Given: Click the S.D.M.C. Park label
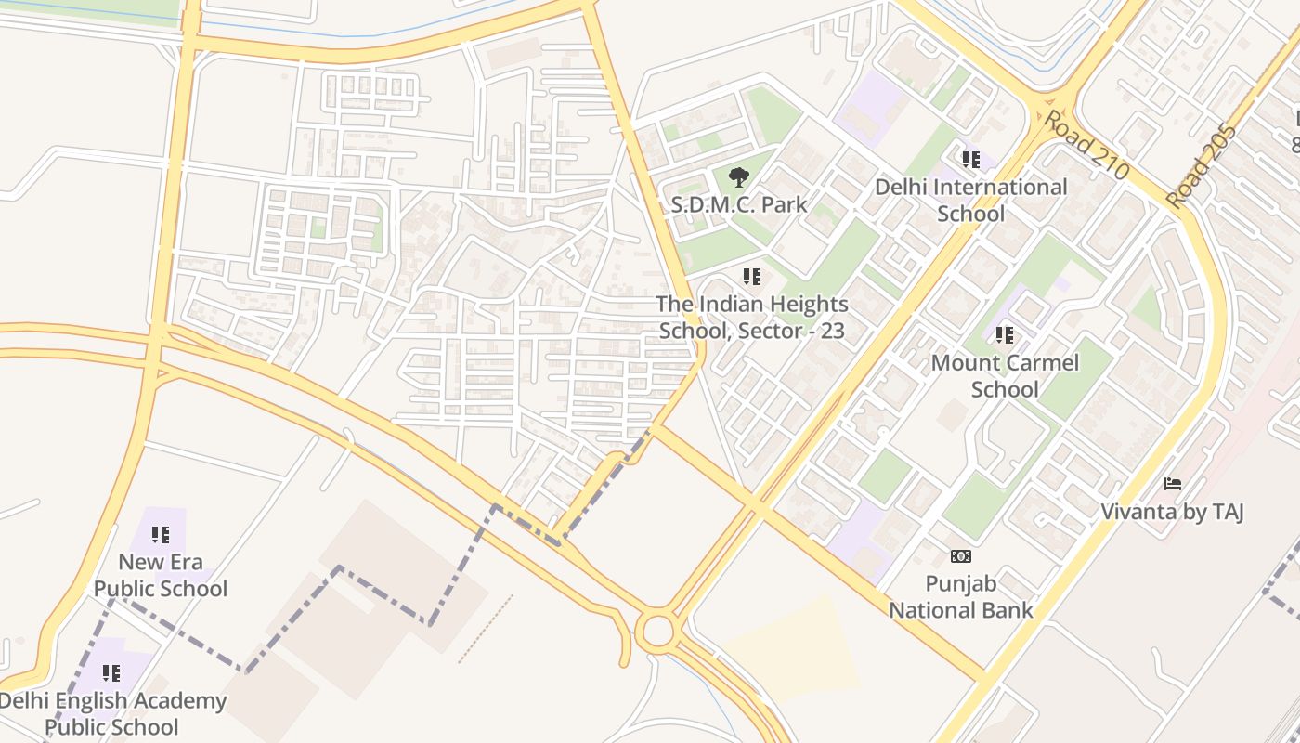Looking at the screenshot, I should pos(739,204).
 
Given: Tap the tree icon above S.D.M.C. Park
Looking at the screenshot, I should pos(739,176).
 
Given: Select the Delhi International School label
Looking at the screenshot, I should pos(970,200).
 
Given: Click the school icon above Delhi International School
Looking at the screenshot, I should pos(971,160).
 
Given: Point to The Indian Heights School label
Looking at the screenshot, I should pos(752,317).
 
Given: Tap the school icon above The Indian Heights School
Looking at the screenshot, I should pos(752,277).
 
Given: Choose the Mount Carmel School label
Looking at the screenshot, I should pos(1005,375).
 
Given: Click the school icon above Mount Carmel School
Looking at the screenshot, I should pos(1005,335).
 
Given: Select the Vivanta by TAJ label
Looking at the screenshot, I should pos(1172,512).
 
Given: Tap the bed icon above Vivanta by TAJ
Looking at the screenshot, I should pos(1173,484).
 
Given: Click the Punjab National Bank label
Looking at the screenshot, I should pos(961,597).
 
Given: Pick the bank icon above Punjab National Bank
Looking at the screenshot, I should pos(961,556).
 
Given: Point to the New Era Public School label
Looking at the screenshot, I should pos(161,575).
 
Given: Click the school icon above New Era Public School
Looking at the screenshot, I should pos(161,535).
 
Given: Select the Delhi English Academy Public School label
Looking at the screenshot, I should pos(112,713).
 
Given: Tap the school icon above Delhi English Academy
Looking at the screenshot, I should pos(111,673).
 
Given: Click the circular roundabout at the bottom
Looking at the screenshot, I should pos(657,632).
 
